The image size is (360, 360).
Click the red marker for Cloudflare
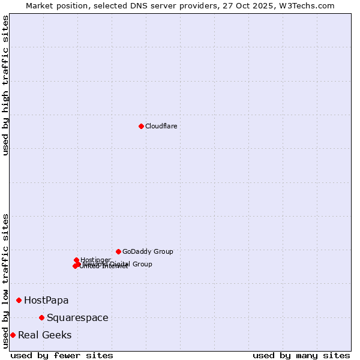tap(141, 126)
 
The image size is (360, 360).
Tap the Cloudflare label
tap(161, 126)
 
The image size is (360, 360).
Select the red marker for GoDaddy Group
tap(118, 251)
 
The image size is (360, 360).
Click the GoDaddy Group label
tap(148, 251)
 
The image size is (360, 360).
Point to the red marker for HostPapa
tap(19, 300)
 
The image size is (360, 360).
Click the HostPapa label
tap(46, 300)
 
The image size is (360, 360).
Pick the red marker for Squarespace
tap(41, 317)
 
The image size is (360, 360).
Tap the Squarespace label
tap(77, 317)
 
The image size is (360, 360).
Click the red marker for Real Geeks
tap(13, 335)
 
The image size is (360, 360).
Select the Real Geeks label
tap(44, 335)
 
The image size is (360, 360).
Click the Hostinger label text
tap(95, 260)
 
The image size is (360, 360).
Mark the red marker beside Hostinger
tap(76, 260)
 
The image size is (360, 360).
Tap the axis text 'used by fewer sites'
tap(62, 355)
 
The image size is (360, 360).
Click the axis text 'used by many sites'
tap(301, 355)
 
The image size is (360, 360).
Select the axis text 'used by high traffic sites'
tap(5, 85)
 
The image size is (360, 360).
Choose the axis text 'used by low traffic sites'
tap(5, 281)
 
